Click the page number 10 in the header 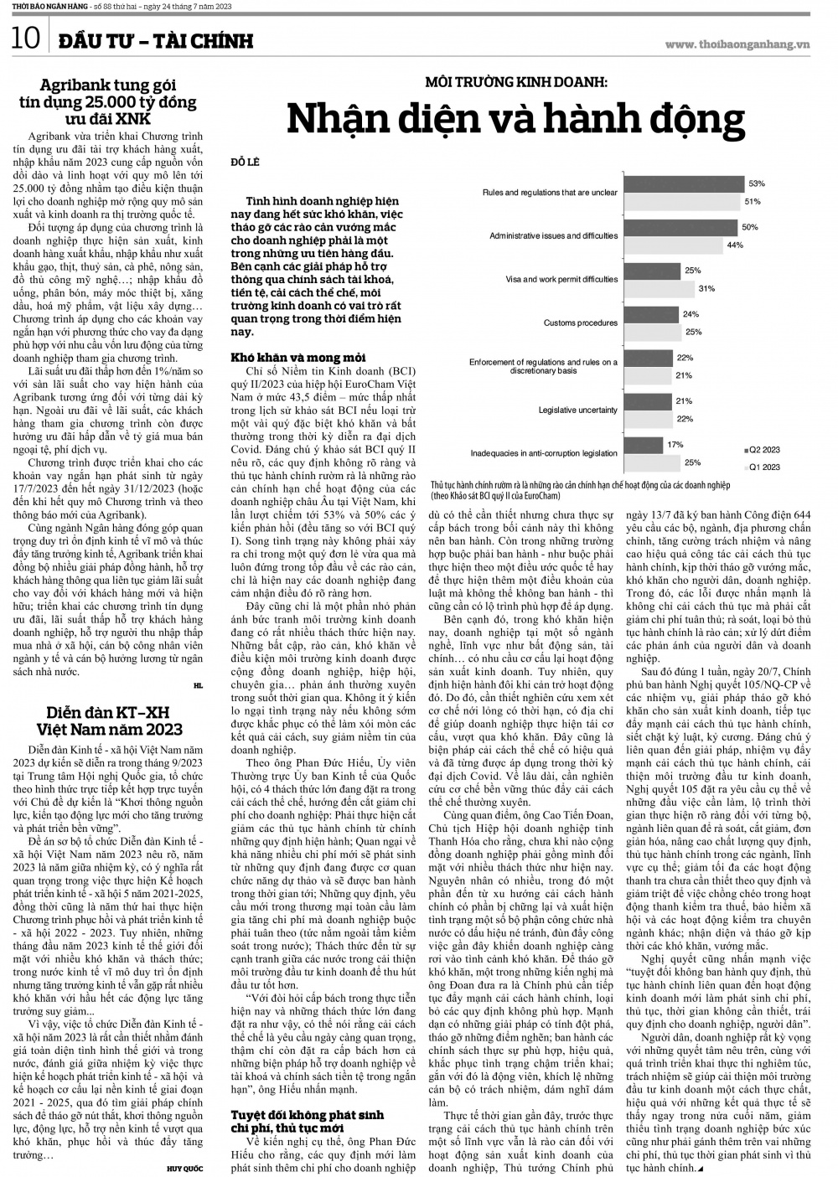coord(26,39)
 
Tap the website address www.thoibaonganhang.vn coord(737,44)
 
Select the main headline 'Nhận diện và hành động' coord(515,119)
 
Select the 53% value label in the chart coord(757,183)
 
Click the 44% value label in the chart coord(734,245)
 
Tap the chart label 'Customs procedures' coord(580,323)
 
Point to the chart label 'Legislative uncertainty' coord(577,410)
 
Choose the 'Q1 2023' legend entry coord(763,467)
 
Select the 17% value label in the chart coord(675,445)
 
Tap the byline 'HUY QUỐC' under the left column coord(185,1166)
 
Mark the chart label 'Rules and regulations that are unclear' coord(550,193)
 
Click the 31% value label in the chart coord(706,289)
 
